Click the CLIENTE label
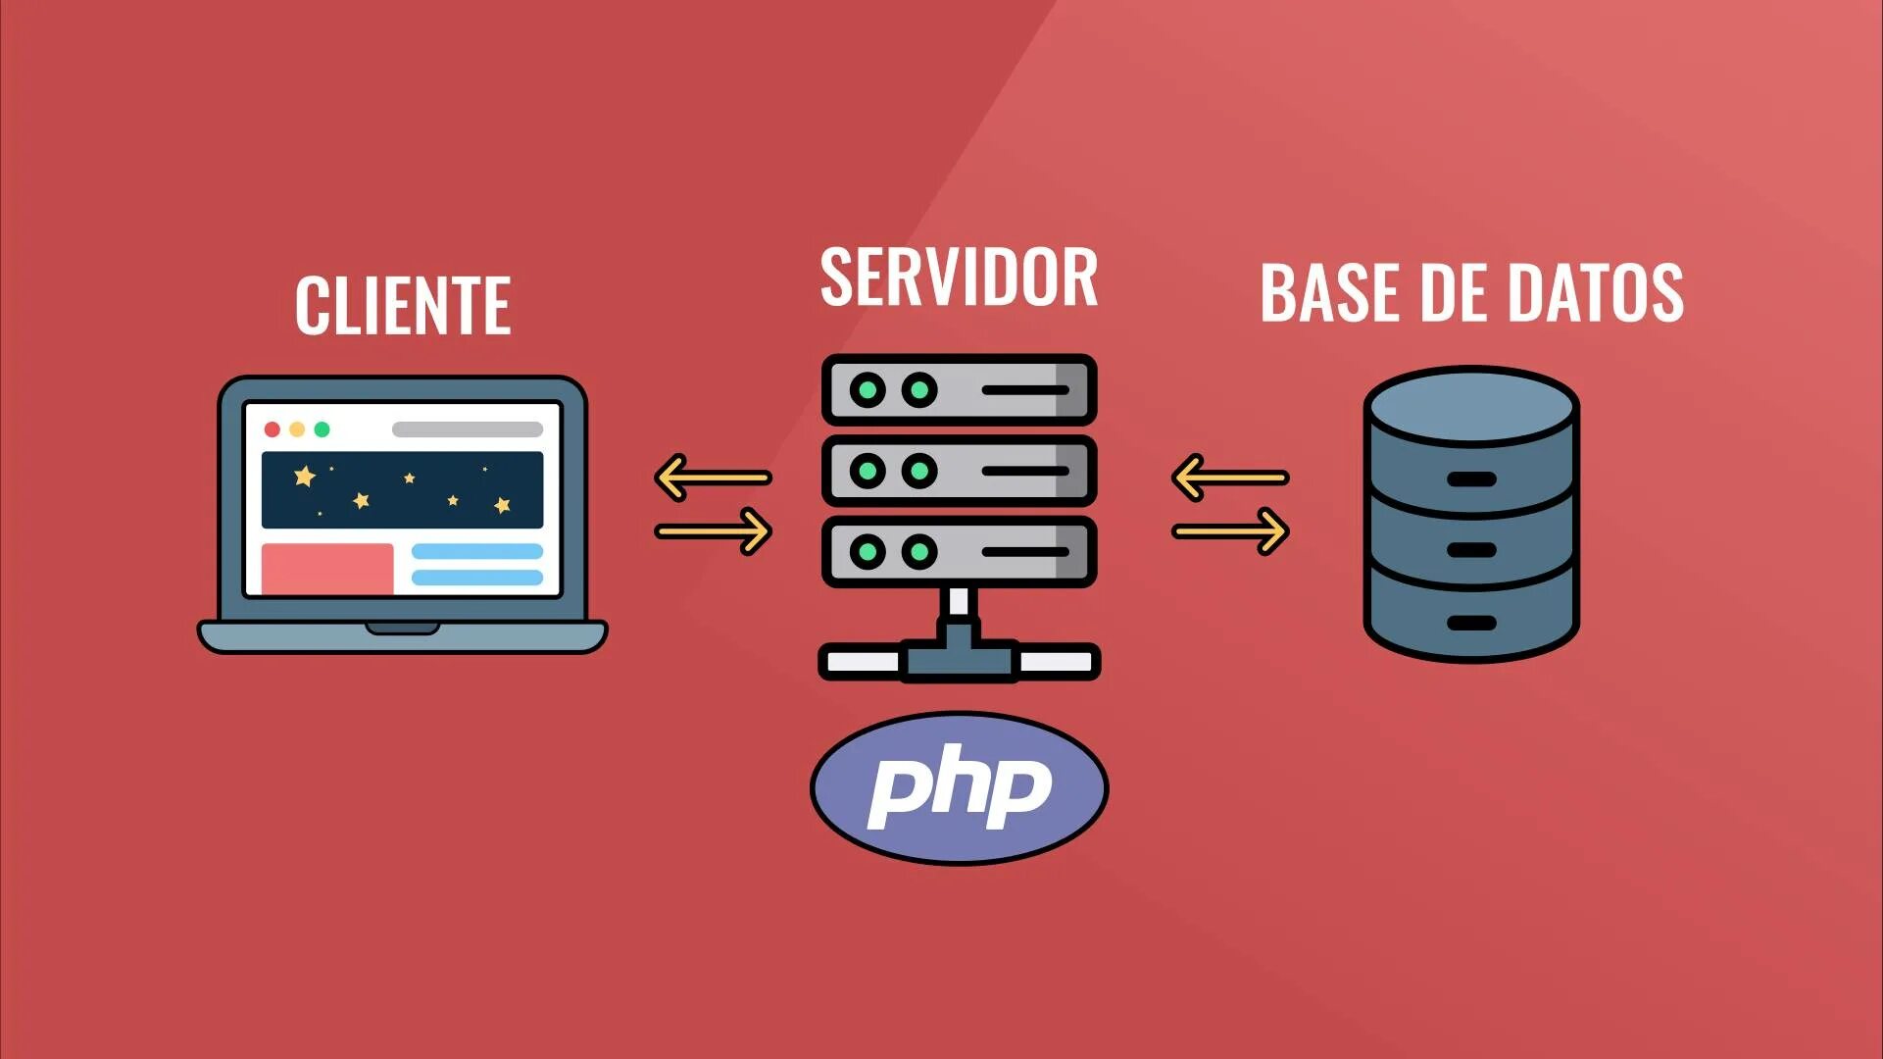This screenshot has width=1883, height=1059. pos(403,305)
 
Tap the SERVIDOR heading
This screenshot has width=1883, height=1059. pos(958,277)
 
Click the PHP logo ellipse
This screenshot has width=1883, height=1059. pos(959,787)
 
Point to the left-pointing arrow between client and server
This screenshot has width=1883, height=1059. pos(713,478)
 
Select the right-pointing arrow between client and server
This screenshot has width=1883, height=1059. pos(714,531)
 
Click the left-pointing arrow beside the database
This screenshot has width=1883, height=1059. pos(1230,478)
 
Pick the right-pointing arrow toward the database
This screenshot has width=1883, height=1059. pos(1230,531)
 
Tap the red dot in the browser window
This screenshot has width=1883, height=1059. pos(273,429)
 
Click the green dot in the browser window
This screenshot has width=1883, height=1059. pos(322,429)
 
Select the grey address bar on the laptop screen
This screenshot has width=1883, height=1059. pos(468,429)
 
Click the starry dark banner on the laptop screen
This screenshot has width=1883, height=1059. pos(402,489)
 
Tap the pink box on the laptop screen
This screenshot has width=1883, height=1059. pos(327,569)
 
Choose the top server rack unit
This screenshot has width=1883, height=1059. pos(959,390)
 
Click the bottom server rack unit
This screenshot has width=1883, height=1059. pos(959,552)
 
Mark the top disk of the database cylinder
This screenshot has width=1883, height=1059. pos(1471,407)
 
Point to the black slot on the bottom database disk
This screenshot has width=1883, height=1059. pos(1471,623)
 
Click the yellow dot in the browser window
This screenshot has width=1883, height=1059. pos(297,429)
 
